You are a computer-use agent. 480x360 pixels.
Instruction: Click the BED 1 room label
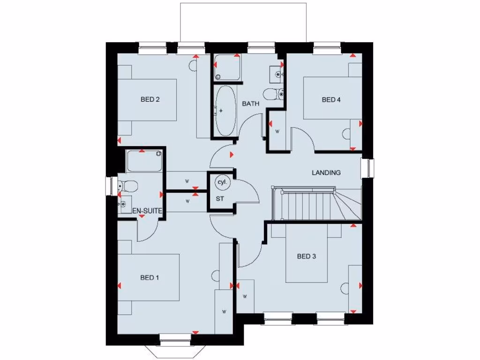pyautogui.click(x=150, y=277)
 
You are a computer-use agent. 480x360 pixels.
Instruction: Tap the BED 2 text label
pyautogui.click(x=150, y=99)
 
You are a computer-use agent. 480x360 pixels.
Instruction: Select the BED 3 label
pyautogui.click(x=307, y=256)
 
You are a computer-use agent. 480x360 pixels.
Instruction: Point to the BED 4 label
pyautogui.click(x=331, y=99)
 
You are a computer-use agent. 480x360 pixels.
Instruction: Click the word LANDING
pyautogui.click(x=326, y=172)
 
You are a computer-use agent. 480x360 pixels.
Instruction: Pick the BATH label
pyautogui.click(x=251, y=104)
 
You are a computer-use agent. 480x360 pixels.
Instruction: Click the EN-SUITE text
pyautogui.click(x=147, y=211)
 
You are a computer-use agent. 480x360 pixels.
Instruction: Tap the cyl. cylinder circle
pyautogui.click(x=221, y=182)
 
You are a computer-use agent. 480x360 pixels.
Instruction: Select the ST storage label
pyautogui.click(x=220, y=199)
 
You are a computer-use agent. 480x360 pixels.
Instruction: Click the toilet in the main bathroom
pyautogui.click(x=272, y=94)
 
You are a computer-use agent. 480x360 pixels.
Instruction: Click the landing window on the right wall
pyautogui.click(x=370, y=168)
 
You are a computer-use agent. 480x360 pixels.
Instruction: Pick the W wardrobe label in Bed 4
pyautogui.click(x=277, y=131)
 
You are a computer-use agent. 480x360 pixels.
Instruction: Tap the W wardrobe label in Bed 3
pyautogui.click(x=245, y=296)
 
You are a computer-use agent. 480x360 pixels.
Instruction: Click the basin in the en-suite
pyautogui.click(x=123, y=204)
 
